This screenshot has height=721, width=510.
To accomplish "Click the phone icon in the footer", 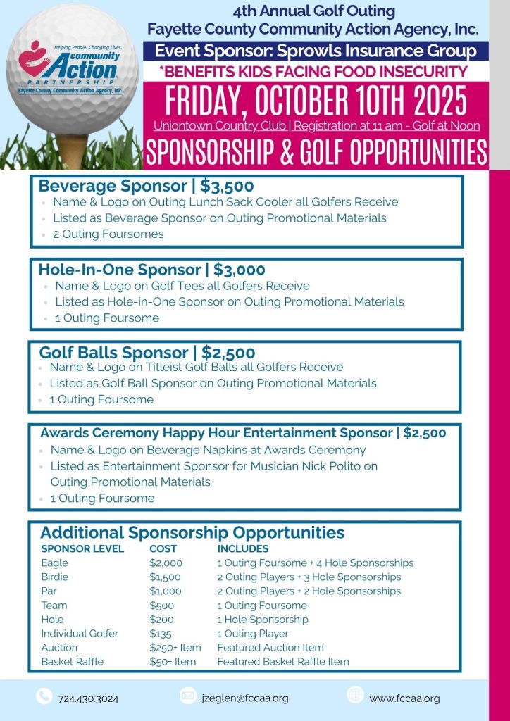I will (x=44, y=696).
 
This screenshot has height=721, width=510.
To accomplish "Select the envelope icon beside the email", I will (x=187, y=696).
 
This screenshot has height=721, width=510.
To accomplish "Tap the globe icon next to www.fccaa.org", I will (x=356, y=696).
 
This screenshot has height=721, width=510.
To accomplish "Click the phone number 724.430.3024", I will (x=88, y=699).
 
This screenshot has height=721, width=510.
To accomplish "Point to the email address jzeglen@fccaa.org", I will (x=244, y=698).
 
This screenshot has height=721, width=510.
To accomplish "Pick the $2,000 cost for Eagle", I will (x=166, y=563).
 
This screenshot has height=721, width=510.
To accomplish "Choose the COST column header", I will (x=163, y=548).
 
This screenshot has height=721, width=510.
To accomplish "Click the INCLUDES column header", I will (x=243, y=548).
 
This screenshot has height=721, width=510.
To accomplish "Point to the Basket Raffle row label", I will (x=72, y=662).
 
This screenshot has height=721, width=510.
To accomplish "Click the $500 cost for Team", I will (x=161, y=606).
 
